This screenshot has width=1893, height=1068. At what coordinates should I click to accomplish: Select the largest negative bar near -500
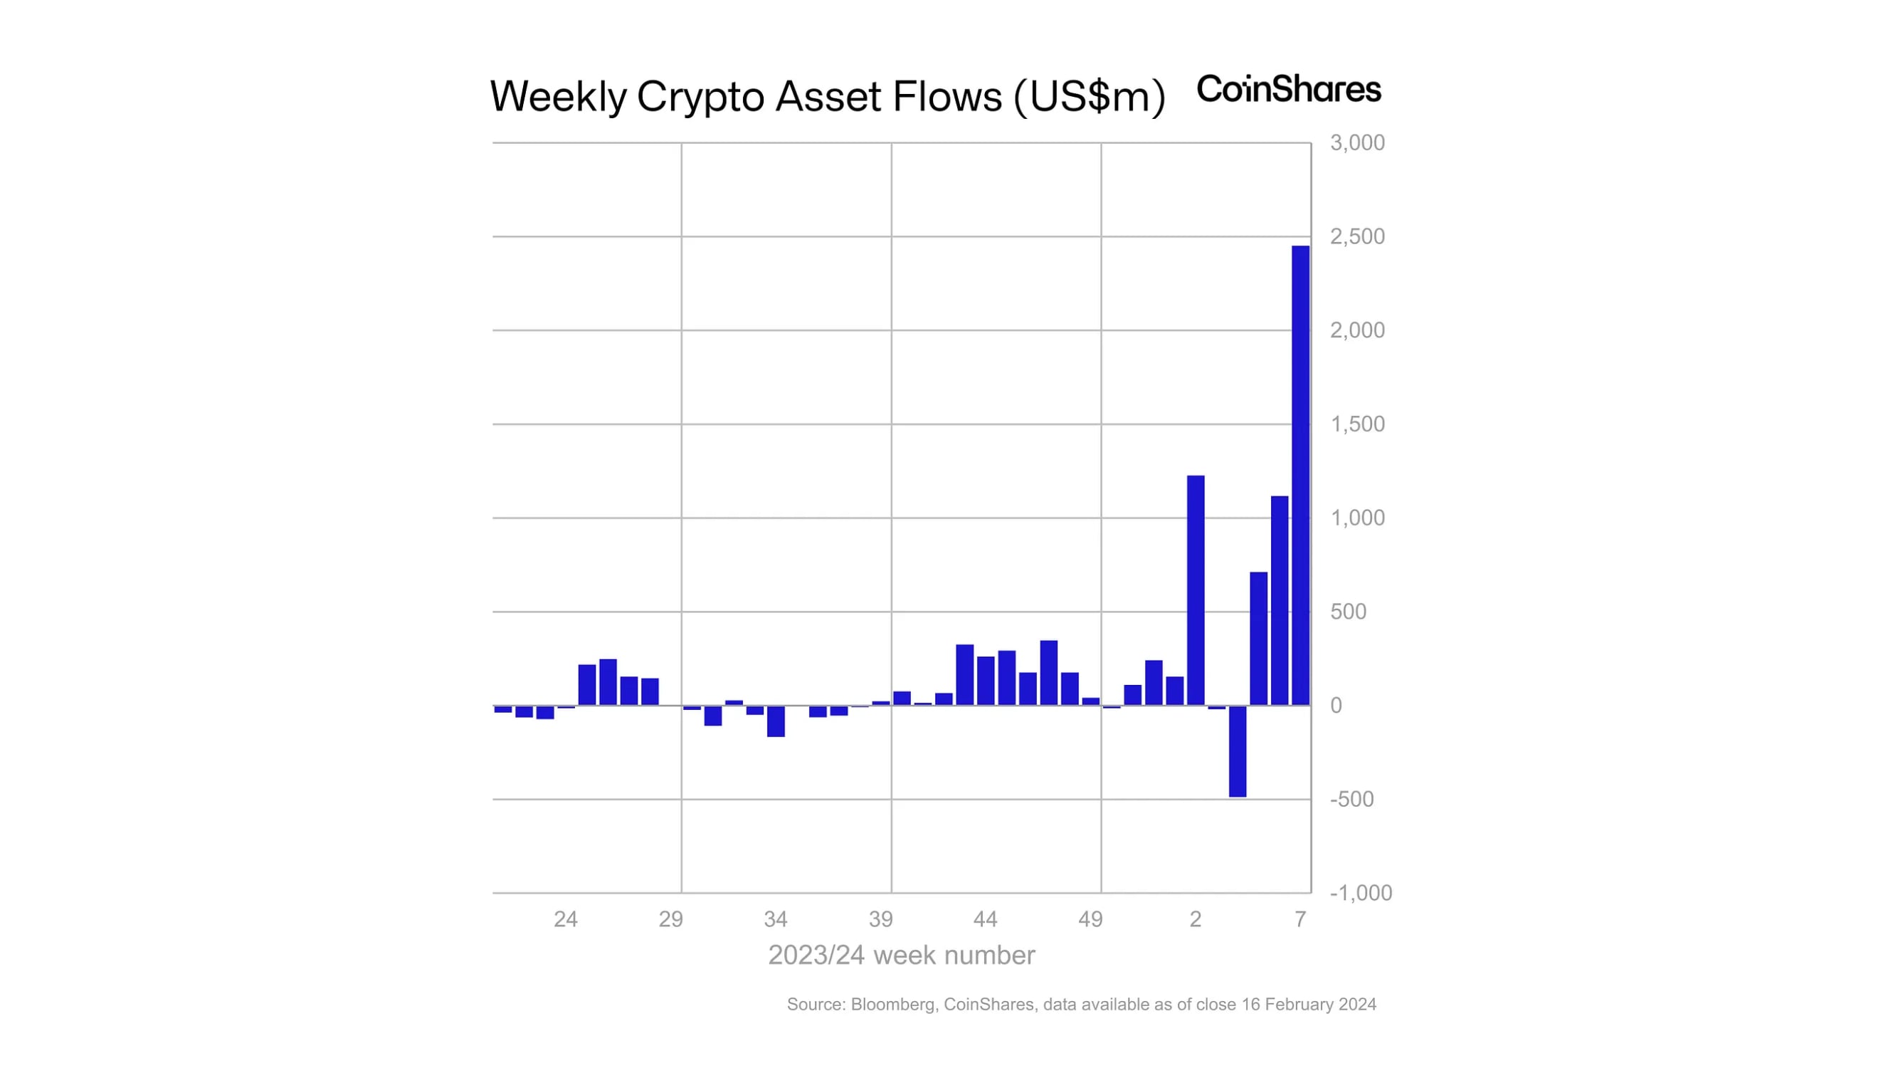(1238, 750)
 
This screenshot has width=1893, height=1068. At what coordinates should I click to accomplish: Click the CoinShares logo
(1288, 89)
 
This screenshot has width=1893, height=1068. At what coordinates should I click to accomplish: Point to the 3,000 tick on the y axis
(1356, 142)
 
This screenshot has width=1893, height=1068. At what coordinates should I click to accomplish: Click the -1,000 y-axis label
(1360, 892)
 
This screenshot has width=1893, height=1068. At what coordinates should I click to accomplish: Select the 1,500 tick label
(1356, 424)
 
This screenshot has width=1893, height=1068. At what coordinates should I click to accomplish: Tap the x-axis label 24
(565, 918)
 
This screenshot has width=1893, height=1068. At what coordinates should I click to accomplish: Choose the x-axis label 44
(985, 918)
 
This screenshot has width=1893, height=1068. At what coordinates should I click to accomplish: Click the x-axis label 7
(1300, 918)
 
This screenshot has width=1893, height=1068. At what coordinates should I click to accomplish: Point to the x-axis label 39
(880, 918)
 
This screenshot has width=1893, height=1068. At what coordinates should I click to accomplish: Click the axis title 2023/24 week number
(901, 955)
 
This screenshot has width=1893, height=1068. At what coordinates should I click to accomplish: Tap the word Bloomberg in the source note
(892, 1004)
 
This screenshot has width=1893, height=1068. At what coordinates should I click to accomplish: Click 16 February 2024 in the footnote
(1308, 1004)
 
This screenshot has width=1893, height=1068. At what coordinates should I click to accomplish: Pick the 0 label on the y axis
(1336, 706)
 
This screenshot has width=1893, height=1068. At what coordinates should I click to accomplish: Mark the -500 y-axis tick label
(1351, 799)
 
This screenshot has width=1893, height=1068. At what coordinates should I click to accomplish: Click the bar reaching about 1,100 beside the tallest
(1280, 600)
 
